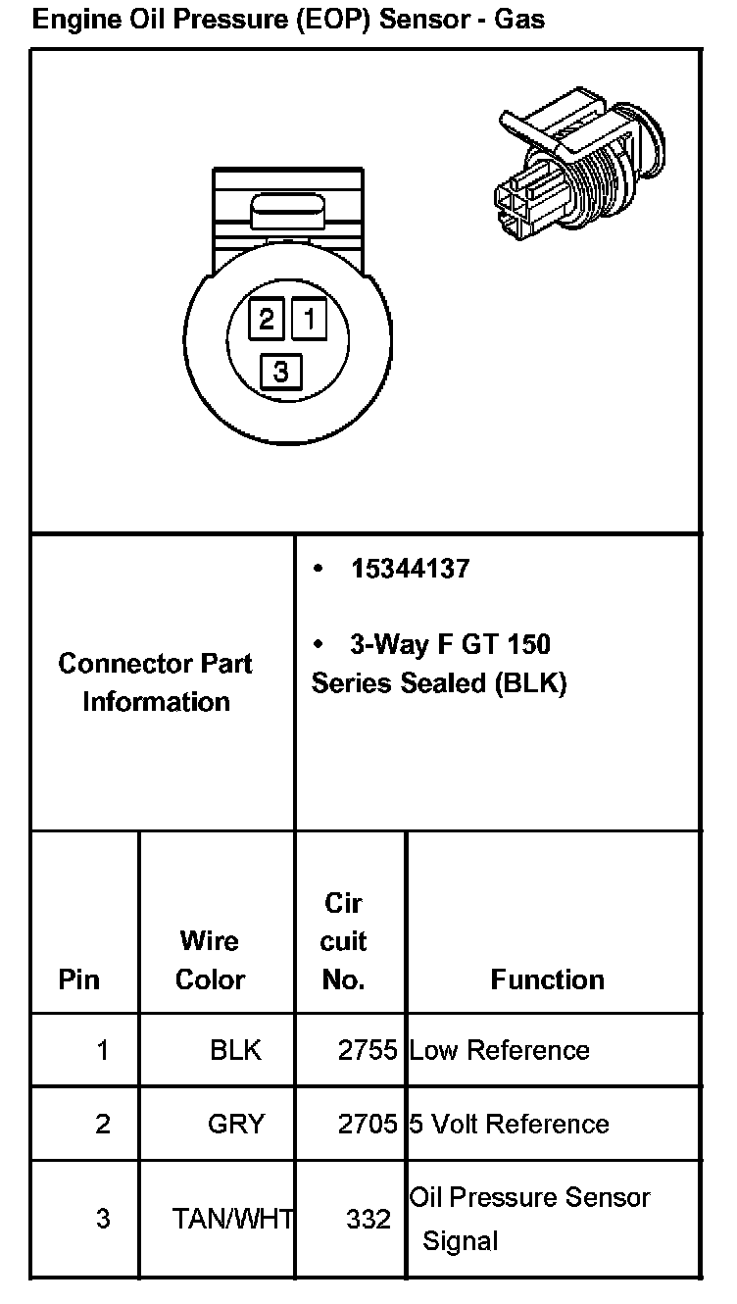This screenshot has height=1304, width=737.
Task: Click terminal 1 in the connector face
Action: [308, 319]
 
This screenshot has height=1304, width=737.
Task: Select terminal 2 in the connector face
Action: [266, 319]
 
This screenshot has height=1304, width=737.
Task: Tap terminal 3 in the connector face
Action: [281, 372]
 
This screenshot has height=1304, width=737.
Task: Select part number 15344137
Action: [411, 569]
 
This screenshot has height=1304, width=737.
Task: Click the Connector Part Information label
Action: [156, 682]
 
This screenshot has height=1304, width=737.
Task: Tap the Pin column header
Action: [79, 979]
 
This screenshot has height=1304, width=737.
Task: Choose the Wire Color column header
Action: [210, 960]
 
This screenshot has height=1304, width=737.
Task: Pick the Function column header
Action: [547, 979]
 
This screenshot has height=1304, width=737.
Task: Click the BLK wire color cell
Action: [236, 1051]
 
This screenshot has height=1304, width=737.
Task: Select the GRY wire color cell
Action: [236, 1124]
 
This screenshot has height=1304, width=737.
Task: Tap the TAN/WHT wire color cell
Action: [233, 1219]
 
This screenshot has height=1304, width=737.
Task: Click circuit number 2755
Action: [368, 1051]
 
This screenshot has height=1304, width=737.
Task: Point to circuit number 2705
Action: [368, 1124]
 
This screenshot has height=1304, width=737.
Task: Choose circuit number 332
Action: [368, 1219]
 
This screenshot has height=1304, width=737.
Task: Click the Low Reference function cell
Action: [500, 1051]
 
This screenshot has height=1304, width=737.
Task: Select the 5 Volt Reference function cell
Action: [510, 1124]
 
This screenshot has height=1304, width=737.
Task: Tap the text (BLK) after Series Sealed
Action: [530, 683]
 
